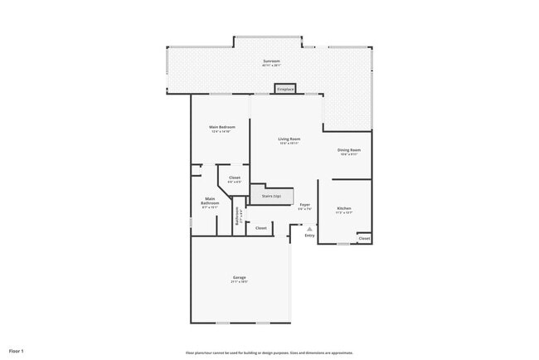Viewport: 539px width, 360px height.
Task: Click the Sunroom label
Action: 271,61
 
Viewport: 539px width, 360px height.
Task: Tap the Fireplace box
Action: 285,88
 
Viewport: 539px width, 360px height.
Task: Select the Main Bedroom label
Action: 221,127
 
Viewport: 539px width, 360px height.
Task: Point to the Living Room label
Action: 289,139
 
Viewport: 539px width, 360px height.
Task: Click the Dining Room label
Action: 347,150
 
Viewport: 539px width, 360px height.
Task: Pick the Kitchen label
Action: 344,208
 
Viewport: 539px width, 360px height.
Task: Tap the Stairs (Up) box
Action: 271,196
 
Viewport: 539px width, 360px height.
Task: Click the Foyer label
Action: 305,204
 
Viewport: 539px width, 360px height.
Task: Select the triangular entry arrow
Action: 309,229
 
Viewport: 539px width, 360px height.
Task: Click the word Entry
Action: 309,236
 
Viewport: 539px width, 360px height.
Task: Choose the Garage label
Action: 239,277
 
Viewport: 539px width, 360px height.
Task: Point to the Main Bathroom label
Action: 211,200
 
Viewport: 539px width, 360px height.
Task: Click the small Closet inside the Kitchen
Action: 364,238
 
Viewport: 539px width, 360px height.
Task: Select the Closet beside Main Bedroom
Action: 235,178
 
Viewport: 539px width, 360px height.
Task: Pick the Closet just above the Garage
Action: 260,227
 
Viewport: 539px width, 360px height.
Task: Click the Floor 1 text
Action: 17,352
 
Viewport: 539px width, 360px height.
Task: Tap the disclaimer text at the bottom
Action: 269,352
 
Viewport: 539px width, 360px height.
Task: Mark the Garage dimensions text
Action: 239,282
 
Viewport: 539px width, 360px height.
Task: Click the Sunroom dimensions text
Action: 271,66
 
